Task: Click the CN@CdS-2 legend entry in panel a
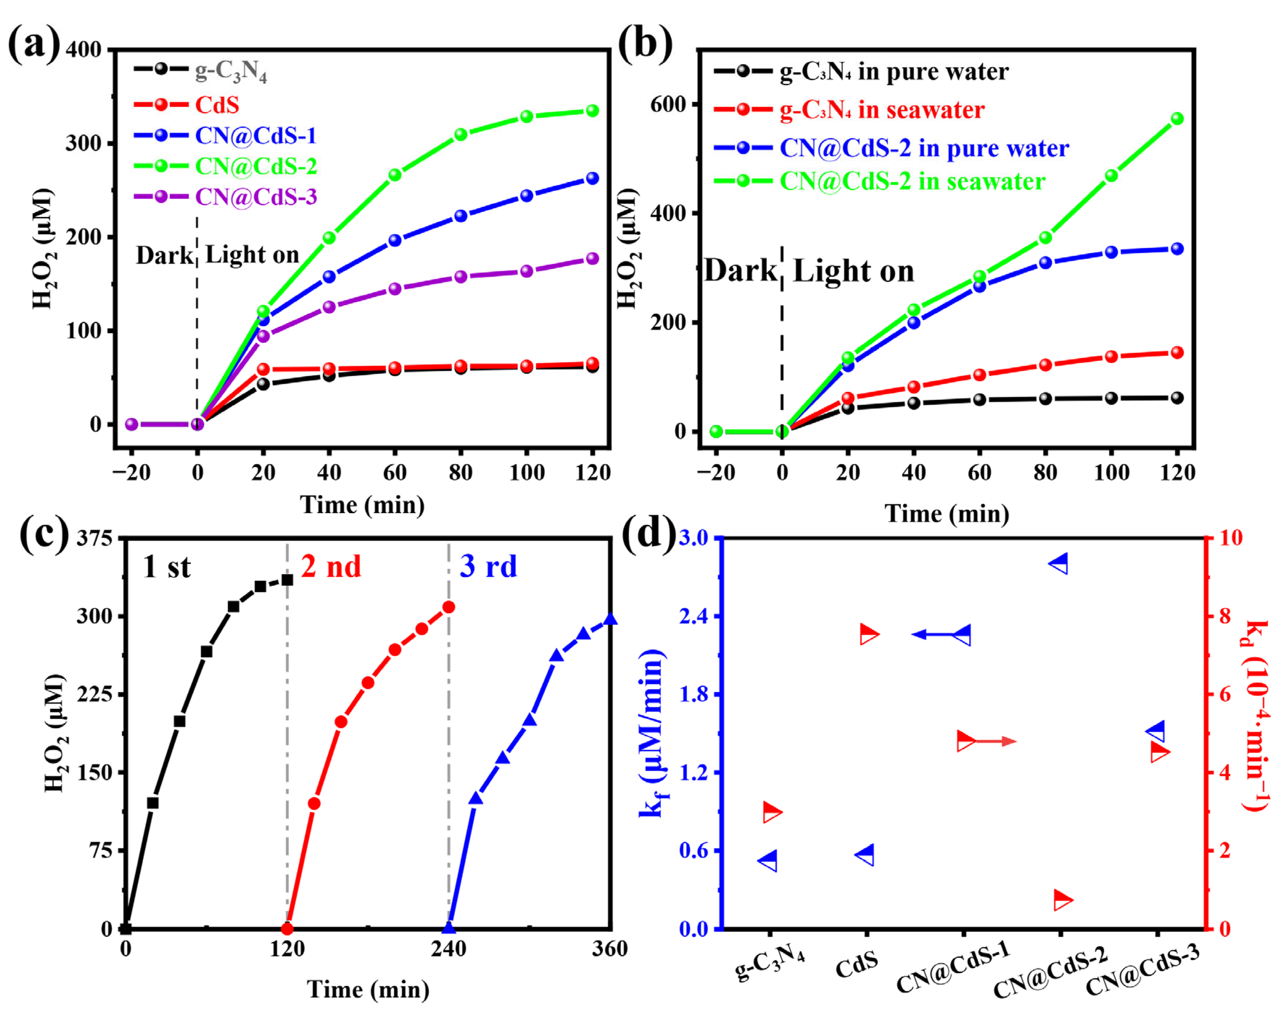256,166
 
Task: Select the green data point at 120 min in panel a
592,111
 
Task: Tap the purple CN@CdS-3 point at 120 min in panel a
592,259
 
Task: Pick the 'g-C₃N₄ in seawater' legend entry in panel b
882,111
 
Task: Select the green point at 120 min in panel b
1177,119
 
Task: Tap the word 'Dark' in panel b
740,271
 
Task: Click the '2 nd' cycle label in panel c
330,567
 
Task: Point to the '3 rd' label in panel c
488,567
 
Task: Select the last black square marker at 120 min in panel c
287,580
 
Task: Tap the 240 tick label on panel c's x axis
448,949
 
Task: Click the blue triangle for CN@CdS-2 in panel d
1058,564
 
